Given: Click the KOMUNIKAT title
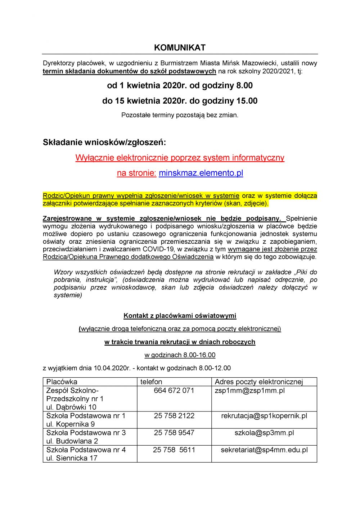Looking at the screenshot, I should (x=180, y=48).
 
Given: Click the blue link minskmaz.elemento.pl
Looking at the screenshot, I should (x=201, y=173).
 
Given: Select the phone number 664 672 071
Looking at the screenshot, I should (x=174, y=391).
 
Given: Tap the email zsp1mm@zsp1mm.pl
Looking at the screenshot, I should (x=249, y=391).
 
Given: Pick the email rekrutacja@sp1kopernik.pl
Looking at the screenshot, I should (x=264, y=416).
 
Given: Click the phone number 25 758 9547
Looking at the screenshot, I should (x=174, y=433).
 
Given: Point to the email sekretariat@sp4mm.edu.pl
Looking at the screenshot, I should (x=264, y=450).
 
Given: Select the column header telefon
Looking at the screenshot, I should (x=151, y=382).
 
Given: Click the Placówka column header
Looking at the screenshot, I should (x=62, y=382).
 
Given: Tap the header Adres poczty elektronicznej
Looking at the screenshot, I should (x=259, y=382).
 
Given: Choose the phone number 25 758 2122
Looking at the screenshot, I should (x=174, y=416).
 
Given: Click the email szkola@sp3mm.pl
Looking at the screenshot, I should (x=264, y=433).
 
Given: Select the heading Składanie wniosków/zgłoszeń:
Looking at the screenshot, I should (x=104, y=142).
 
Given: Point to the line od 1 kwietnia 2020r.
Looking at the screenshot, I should (x=180, y=86).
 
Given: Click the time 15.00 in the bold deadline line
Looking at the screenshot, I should (x=247, y=101).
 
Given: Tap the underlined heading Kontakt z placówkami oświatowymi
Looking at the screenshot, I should (x=180, y=316).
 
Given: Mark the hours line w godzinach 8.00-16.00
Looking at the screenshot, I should (x=180, y=355).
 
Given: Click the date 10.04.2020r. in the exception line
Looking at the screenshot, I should (x=112, y=368).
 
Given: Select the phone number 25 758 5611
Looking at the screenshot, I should (x=174, y=450).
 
